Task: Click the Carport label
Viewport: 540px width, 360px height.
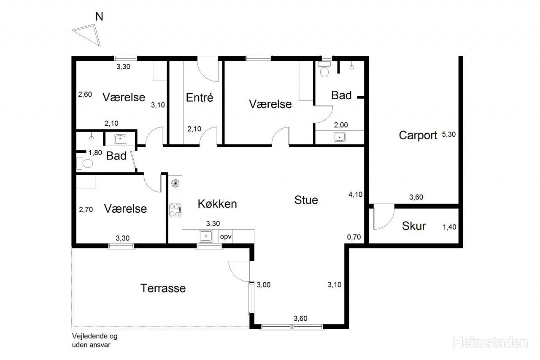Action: coord(418,135)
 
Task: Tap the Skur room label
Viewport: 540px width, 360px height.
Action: coord(414,226)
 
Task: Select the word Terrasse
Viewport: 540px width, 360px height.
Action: coord(163,288)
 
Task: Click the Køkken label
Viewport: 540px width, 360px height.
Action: coord(217,204)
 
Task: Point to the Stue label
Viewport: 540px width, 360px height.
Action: coord(306,200)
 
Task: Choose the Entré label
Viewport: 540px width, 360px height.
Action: coord(200,97)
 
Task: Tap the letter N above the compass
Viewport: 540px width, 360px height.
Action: coord(99,16)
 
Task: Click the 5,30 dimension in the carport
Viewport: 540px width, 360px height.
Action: coord(448,134)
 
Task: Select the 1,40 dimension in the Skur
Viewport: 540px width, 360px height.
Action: coord(449,227)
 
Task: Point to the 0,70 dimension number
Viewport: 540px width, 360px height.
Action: coord(354,237)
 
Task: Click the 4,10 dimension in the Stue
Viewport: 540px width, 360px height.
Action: coord(355,194)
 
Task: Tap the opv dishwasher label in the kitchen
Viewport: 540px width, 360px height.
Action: coord(226,237)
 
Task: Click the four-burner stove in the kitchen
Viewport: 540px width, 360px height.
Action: coord(175,210)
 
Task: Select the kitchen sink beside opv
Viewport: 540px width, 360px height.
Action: coord(205,236)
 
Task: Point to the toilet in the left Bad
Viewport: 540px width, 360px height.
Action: coord(85,163)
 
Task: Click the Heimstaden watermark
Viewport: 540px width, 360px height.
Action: coord(490,342)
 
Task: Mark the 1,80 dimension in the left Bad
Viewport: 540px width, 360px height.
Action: coord(95,153)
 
